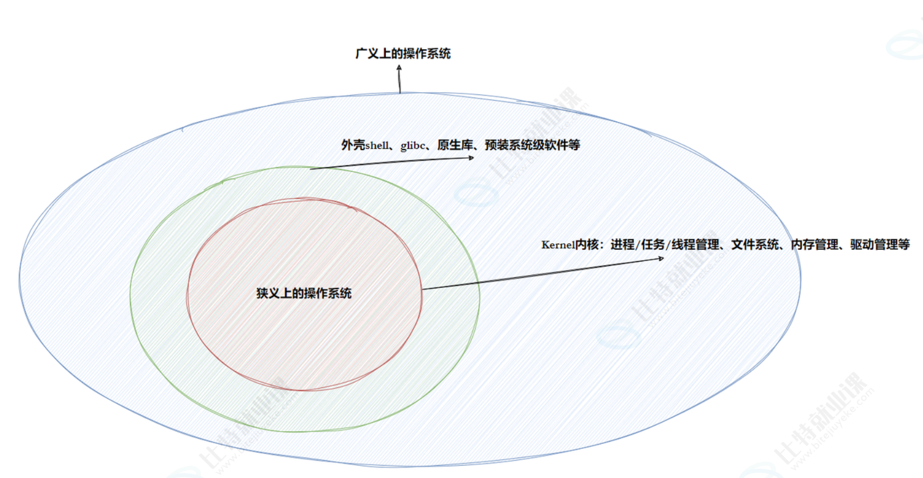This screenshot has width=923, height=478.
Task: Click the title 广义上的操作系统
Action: click(x=403, y=54)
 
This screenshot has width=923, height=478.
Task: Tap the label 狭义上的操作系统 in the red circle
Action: click(x=304, y=294)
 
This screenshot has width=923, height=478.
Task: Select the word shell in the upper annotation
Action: click(x=377, y=146)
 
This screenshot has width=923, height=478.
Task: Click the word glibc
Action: click(x=413, y=146)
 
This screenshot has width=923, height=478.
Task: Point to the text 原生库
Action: click(x=455, y=145)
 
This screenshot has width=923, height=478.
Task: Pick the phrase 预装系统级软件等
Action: click(x=532, y=145)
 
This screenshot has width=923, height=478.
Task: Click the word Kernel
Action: click(x=558, y=245)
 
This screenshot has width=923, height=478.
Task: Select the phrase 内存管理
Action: click(x=814, y=245)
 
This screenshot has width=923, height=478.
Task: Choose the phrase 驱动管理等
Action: click(x=880, y=245)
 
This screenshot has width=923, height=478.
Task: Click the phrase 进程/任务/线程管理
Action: click(x=665, y=245)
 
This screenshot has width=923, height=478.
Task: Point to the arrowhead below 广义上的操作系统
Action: click(x=399, y=68)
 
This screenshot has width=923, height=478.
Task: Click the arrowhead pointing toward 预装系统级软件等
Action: click(x=472, y=158)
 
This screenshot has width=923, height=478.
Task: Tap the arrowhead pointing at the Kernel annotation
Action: click(x=661, y=258)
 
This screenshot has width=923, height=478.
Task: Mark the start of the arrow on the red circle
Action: click(x=422, y=289)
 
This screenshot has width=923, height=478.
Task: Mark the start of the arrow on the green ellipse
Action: click(x=311, y=168)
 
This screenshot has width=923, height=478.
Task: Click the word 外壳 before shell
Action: click(x=353, y=145)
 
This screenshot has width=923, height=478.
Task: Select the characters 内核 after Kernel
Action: click(x=587, y=245)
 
